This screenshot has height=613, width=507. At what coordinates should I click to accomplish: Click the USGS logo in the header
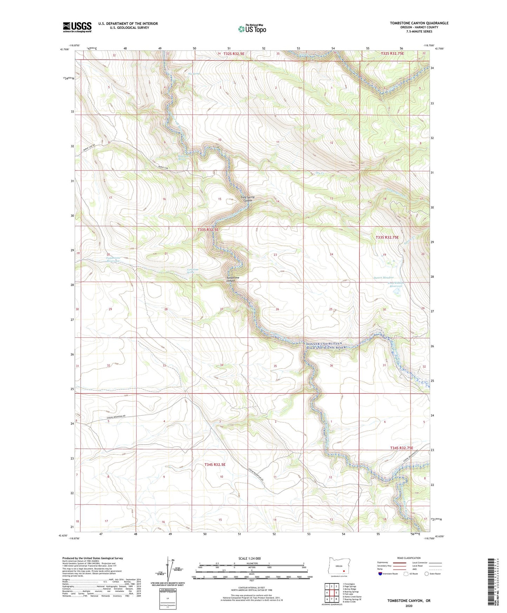(x=77, y=27)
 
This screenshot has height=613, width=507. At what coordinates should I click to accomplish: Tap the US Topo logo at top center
(x=252, y=29)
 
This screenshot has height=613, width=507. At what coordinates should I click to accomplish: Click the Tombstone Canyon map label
(x=233, y=279)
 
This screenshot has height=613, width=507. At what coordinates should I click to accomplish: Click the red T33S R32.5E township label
(x=208, y=230)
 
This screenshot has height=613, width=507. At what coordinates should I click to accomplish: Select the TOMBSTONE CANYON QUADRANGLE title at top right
(x=419, y=23)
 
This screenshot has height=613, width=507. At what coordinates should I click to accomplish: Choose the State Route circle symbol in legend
(x=427, y=574)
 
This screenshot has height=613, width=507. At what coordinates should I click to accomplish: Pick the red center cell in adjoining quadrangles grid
(x=331, y=593)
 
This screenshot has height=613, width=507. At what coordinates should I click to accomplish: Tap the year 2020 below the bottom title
(x=409, y=606)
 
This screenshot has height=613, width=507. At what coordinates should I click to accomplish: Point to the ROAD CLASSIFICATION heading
(x=409, y=558)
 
